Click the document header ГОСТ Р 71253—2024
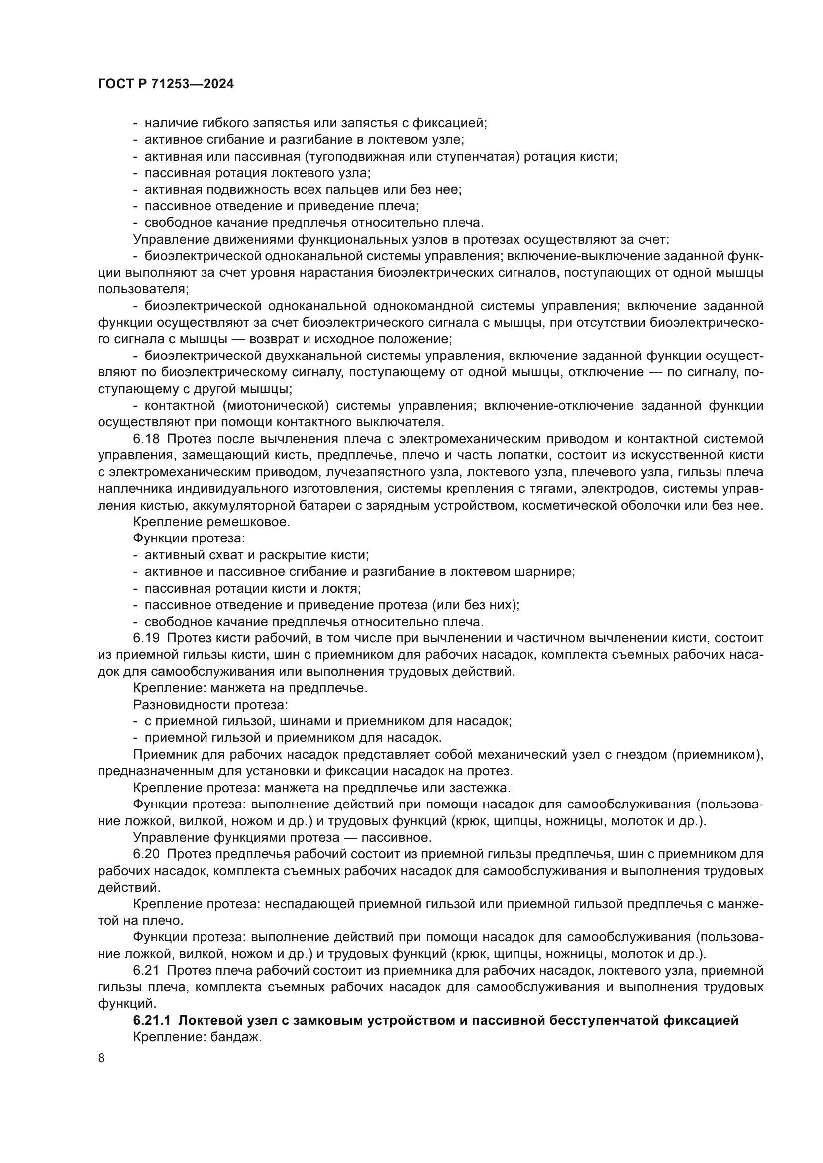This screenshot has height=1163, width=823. point(166,84)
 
